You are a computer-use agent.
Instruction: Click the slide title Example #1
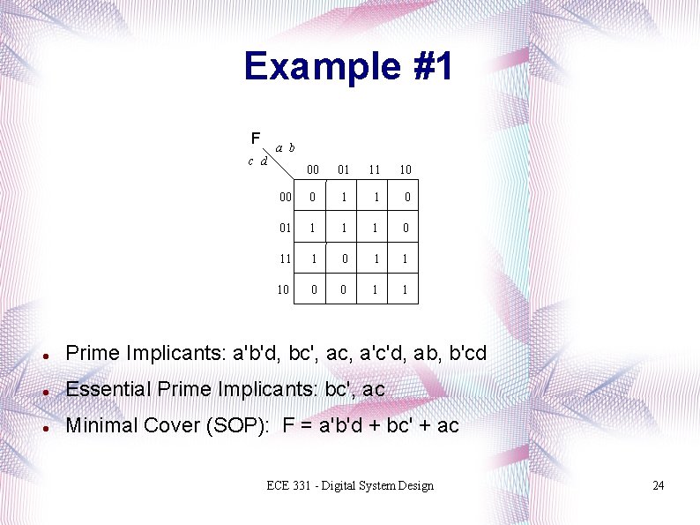click(349, 66)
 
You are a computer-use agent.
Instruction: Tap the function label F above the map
click(255, 139)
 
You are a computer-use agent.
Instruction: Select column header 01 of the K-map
click(344, 169)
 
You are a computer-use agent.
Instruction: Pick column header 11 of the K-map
click(375, 169)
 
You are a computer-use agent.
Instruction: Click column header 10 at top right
click(405, 169)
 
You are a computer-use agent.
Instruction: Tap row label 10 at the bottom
click(283, 289)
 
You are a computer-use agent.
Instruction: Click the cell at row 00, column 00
click(312, 198)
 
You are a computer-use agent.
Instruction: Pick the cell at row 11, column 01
click(344, 259)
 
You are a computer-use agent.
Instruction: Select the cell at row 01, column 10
click(406, 228)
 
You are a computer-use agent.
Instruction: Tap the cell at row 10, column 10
click(406, 289)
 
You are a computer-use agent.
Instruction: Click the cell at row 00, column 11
click(375, 198)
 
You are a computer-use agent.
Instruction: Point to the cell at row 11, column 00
click(312, 259)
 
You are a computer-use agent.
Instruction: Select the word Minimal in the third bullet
click(97, 425)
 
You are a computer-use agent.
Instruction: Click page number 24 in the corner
click(658, 486)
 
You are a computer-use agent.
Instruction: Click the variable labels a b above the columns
click(285, 148)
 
